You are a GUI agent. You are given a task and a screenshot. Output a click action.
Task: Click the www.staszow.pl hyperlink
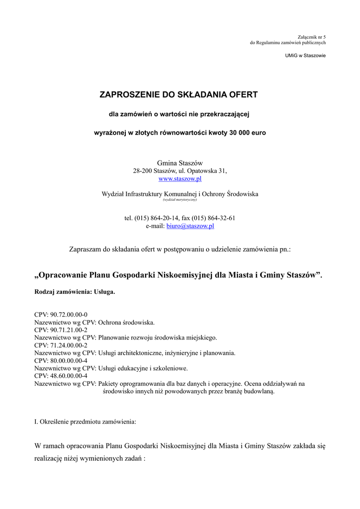coord(180,178)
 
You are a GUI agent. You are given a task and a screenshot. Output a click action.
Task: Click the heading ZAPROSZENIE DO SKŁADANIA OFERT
coord(179,94)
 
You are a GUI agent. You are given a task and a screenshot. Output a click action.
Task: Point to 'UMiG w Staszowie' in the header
coord(305,55)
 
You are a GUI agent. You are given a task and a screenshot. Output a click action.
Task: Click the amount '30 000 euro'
coord(248,133)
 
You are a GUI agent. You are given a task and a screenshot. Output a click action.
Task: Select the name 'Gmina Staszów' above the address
coord(180,163)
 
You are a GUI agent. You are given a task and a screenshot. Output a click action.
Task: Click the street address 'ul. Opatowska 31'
coord(201,170)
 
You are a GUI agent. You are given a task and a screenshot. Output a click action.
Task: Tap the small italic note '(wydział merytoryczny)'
coord(180,200)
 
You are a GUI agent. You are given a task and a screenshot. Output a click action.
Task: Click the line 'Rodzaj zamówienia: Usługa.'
coord(75,292)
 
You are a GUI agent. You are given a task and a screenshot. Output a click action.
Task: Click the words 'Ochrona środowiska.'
coord(126,322)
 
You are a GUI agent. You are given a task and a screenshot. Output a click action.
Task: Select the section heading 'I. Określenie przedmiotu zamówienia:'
coord(85,422)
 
